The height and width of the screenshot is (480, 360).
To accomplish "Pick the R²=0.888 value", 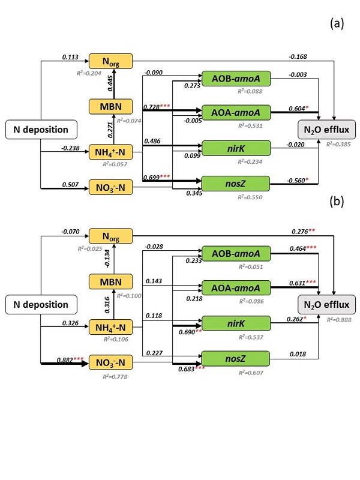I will click(x=339, y=320).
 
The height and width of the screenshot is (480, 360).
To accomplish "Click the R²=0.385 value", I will click(x=339, y=144).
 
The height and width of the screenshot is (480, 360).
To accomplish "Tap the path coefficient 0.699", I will click(x=155, y=178).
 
